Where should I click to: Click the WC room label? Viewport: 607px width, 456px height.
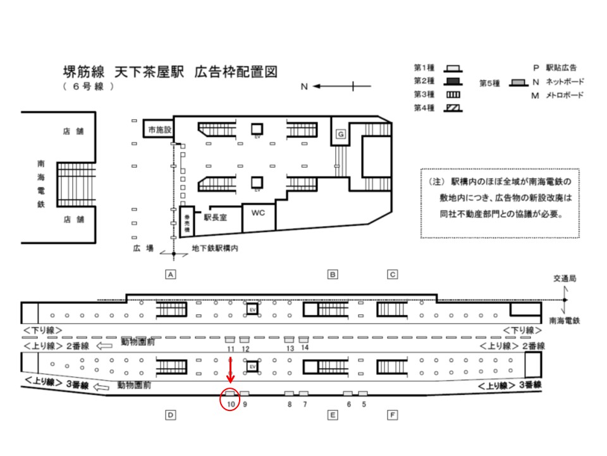[x=258, y=213]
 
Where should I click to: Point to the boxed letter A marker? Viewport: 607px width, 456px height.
[x=169, y=274]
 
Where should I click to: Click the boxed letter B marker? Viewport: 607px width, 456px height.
[x=332, y=274]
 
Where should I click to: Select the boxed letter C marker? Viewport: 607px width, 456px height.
[x=393, y=274]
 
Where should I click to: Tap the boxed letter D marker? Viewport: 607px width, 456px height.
[x=169, y=415]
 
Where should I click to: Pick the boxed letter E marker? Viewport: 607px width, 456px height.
[x=332, y=415]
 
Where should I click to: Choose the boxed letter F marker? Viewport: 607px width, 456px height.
[x=393, y=415]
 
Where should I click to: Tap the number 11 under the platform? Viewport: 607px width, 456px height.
[x=230, y=349]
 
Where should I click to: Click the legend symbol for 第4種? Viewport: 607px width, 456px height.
[x=453, y=108]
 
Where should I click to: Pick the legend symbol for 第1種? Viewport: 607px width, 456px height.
[x=453, y=68]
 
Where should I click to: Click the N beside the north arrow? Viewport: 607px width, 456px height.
[x=304, y=87]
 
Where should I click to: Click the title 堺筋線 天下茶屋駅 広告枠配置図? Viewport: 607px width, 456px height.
[x=170, y=70]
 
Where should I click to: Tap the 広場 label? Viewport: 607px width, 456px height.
[x=144, y=248]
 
